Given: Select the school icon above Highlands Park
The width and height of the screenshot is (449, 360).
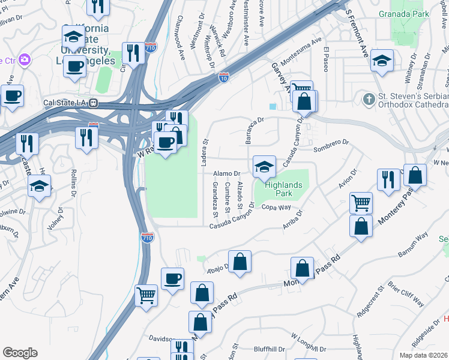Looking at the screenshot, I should point(264,167).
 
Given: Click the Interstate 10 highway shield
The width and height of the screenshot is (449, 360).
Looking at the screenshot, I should point(223,77).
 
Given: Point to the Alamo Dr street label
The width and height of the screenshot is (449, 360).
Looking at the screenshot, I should point(228,173).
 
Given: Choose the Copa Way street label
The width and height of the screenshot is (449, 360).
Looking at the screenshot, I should point(276,208).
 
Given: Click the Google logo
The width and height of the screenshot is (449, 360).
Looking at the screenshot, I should point(20,353).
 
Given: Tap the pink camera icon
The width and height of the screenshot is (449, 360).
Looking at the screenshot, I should point(24,59).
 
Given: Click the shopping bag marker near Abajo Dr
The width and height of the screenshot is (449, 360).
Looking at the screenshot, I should point(240,262).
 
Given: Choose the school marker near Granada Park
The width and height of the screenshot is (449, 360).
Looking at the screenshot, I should point(382,61).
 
